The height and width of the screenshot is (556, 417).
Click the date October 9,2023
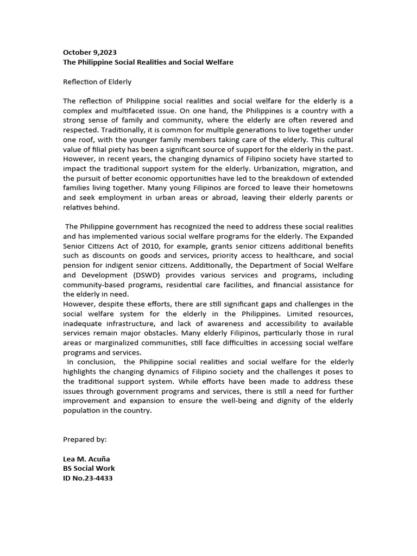click(90, 53)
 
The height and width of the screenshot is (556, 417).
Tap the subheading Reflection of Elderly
click(97, 82)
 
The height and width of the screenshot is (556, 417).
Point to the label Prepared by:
click(85, 439)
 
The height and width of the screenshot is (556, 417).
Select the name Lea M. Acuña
click(86, 459)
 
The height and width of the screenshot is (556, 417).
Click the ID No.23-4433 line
click(88, 478)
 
